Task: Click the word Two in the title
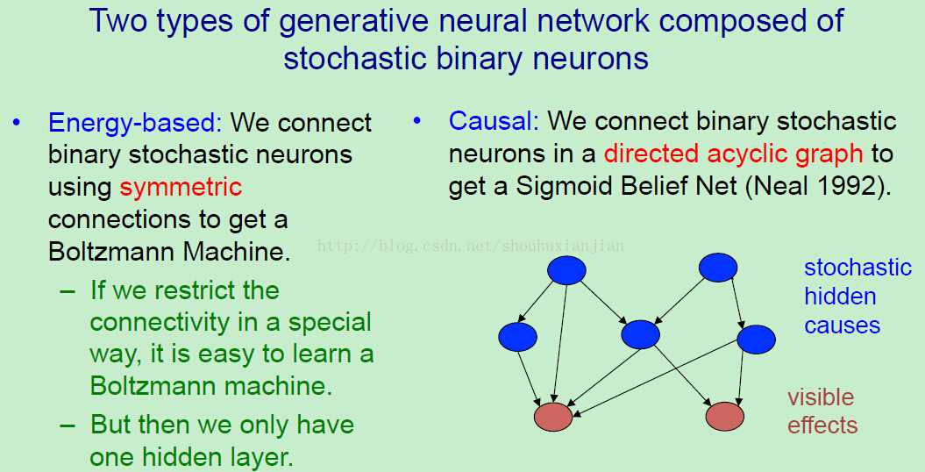pos(118,21)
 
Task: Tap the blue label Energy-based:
pos(135,122)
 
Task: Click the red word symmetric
pos(181,187)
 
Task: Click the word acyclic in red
pos(746,154)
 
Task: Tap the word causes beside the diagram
pos(842,325)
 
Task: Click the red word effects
pos(822,425)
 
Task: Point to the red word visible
pos(821,397)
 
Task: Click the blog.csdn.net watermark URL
pos(470,246)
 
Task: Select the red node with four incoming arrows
pos(553,417)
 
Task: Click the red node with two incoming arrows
pos(724,417)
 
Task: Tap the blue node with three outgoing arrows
pos(566,270)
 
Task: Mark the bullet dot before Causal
pos(417,121)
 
